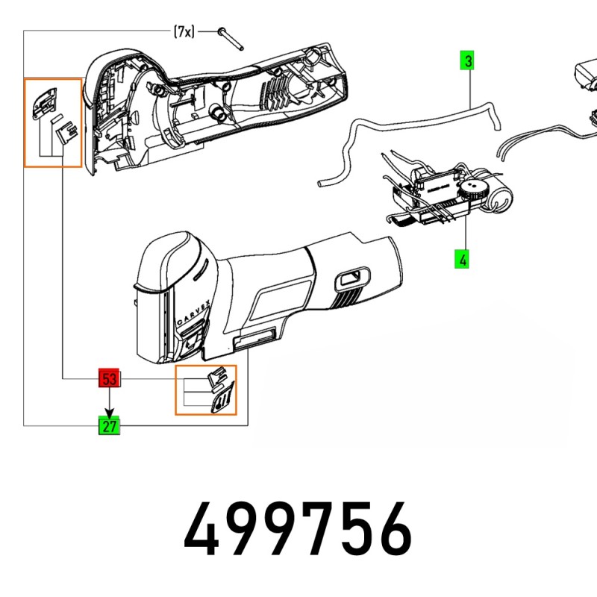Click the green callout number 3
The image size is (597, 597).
point(467,60)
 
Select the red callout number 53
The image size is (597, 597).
point(109,378)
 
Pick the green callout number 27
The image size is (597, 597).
point(109,425)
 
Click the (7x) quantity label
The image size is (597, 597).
point(184,31)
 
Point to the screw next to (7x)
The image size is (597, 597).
point(231,39)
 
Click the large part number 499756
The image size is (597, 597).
point(298,529)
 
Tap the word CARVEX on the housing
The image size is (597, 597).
point(193,313)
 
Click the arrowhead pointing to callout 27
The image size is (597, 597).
point(110,413)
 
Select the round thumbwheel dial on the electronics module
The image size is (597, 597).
point(472,190)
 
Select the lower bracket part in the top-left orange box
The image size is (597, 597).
point(67,132)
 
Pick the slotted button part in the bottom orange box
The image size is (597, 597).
point(223,398)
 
